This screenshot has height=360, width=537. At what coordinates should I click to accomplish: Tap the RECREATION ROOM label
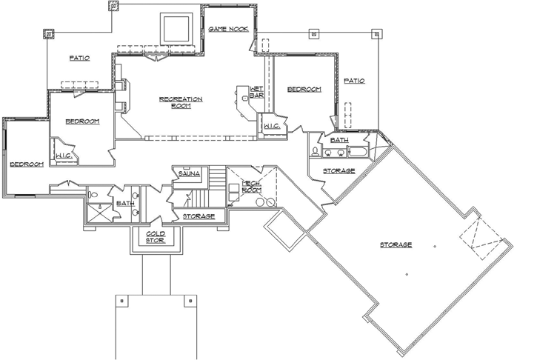coord(181,102)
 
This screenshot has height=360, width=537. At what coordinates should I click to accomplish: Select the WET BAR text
coord(257,92)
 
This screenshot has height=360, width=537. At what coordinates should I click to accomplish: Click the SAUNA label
coord(187,173)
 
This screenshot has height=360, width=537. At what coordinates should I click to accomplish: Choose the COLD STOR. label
coord(156,237)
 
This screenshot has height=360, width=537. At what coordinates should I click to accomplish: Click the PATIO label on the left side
coord(80,58)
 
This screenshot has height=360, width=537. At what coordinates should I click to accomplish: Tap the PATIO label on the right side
coord(354,81)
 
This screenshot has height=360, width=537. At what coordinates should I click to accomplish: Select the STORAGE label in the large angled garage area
coord(396,244)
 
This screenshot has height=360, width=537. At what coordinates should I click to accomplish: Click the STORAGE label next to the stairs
coord(199,216)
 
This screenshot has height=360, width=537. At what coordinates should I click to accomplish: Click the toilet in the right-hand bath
coord(316,153)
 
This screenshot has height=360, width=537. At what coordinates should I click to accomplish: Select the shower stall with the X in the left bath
coord(96,212)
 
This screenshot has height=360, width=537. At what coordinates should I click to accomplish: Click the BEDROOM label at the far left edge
coord(26,164)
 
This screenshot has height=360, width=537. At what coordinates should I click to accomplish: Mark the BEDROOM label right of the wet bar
coord(304,89)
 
